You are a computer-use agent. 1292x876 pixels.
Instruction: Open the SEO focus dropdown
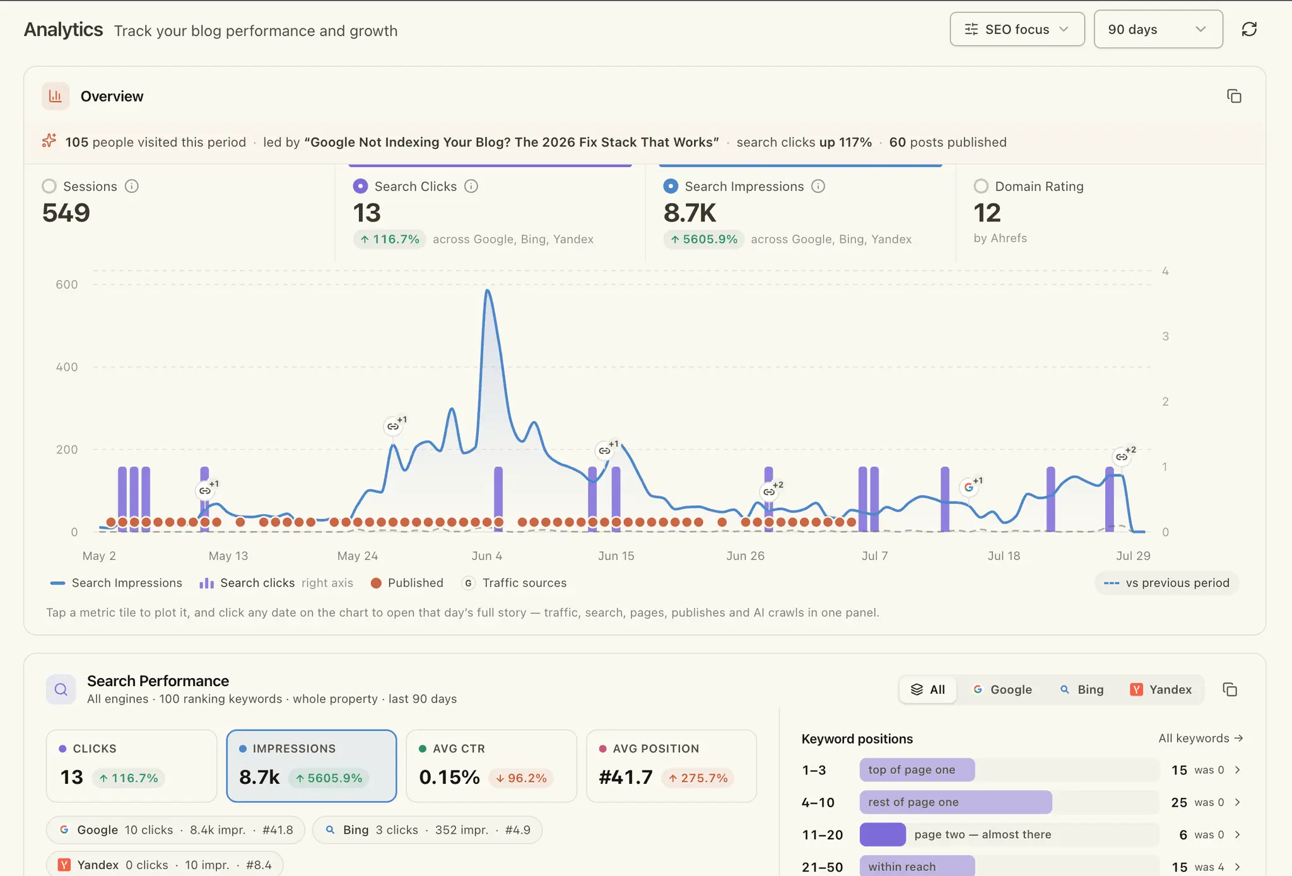[x=1017, y=29]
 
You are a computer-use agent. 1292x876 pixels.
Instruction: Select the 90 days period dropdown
[x=1158, y=29]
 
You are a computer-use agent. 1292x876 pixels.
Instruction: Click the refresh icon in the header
[x=1249, y=29]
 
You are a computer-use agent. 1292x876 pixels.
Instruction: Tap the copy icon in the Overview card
[x=1234, y=96]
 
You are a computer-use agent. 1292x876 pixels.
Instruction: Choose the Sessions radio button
[x=49, y=186]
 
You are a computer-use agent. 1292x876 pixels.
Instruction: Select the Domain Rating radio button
[x=981, y=186]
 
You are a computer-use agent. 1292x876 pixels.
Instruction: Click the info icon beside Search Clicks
[x=471, y=186]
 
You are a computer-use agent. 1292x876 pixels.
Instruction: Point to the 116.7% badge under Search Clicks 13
[x=390, y=239]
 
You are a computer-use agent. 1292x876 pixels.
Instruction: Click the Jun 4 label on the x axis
[x=487, y=556]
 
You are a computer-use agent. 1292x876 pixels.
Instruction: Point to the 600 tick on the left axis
[x=67, y=284]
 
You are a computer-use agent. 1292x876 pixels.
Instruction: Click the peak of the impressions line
[x=487, y=290]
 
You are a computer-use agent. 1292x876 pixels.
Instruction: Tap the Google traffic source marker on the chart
[x=968, y=487]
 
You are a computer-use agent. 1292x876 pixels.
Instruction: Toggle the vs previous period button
[x=1167, y=583]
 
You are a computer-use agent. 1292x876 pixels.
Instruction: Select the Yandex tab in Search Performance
[x=1161, y=689]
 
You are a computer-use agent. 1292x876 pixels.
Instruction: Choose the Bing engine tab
[x=1082, y=689]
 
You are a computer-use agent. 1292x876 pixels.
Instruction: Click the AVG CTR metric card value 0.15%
[x=449, y=777]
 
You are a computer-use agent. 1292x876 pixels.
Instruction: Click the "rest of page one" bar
[x=956, y=802]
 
